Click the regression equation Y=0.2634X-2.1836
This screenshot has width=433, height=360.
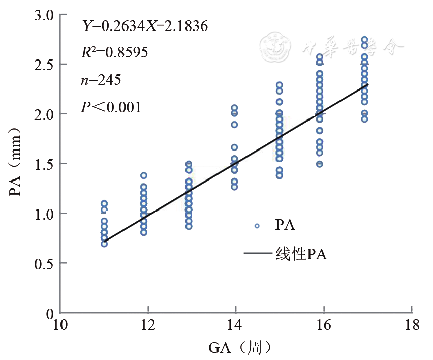pyautogui.click(x=145, y=26)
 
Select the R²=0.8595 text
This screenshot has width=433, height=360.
pyautogui.click(x=115, y=52)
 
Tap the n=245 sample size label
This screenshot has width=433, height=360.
pyautogui.click(x=101, y=79)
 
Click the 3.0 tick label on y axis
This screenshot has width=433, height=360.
pyautogui.click(x=43, y=15)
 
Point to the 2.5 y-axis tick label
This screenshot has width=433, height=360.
pyautogui.click(x=43, y=65)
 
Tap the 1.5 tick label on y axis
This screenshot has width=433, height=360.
pyautogui.click(x=43, y=164)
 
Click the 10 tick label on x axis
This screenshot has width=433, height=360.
pyautogui.click(x=60, y=326)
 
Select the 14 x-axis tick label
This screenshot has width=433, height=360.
pyautogui.click(x=236, y=326)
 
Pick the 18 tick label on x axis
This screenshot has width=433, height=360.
pyautogui.click(x=412, y=326)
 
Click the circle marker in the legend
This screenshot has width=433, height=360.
pyautogui.click(x=257, y=226)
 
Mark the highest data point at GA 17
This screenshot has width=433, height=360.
pyautogui.click(x=364, y=40)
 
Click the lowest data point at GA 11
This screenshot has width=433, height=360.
pyautogui.click(x=104, y=244)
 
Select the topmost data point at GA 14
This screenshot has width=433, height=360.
pyautogui.click(x=235, y=108)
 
